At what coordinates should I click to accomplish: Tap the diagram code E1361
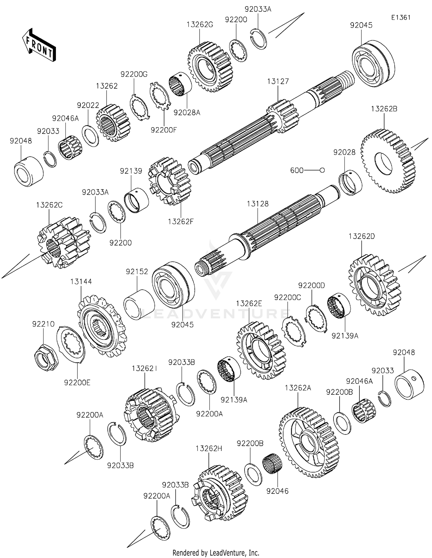pos(401,18)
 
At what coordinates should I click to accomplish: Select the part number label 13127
pos(278,81)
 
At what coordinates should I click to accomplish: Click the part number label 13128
pos(257,204)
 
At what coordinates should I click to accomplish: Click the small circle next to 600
pos(322,170)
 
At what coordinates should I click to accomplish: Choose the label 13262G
pos(200,25)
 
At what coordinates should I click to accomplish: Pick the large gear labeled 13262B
pos(388,162)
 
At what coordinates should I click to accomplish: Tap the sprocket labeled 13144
pos(102,326)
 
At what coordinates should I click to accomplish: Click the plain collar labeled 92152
pos(139,305)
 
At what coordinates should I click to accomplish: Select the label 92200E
pos(77,382)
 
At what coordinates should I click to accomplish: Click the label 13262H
pos(209,449)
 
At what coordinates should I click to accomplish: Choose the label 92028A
pos(187,112)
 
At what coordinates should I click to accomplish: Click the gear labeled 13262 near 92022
pos(113,123)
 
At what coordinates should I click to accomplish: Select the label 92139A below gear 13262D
pos(345,336)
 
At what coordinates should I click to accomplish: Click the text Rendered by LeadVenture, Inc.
pos(216,553)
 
